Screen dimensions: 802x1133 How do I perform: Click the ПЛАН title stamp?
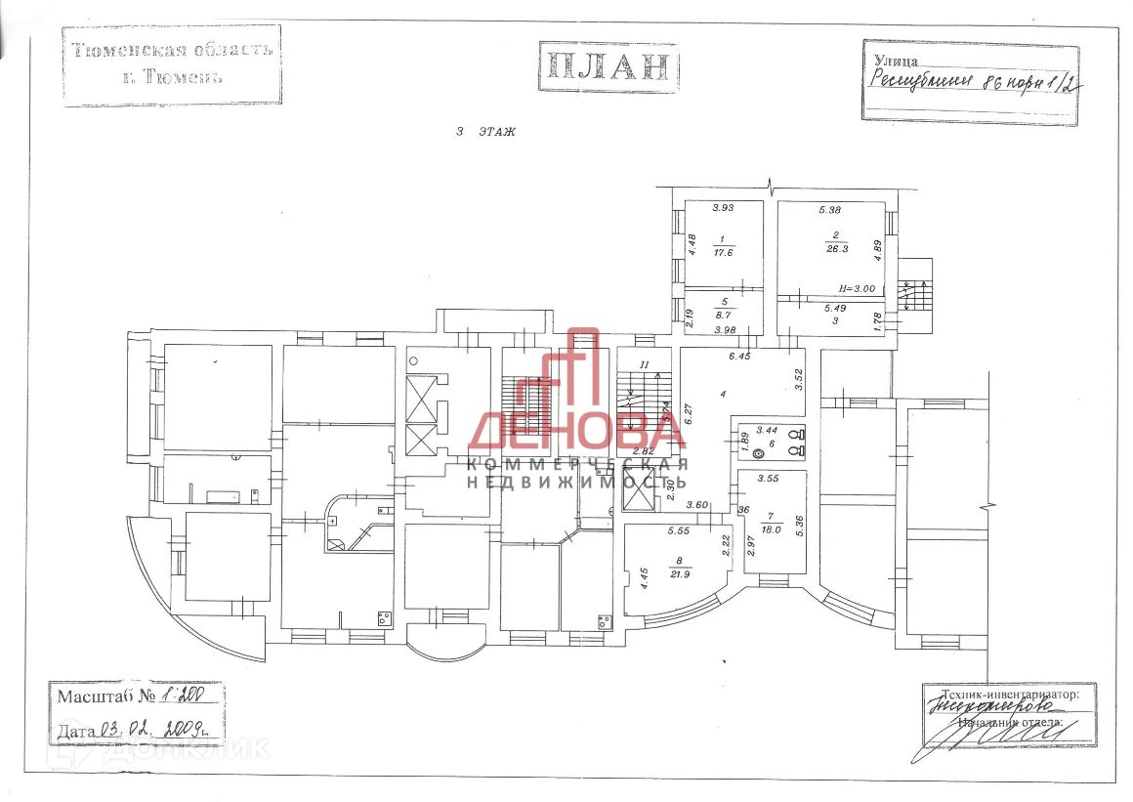pos(608,66)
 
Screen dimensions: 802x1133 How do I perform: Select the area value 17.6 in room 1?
pos(724,251)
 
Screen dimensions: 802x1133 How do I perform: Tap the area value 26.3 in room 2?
pos(836,247)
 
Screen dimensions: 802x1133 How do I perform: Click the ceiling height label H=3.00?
pos(860,289)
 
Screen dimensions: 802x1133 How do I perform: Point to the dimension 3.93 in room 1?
pos(723,207)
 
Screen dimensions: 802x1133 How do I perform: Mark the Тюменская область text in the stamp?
pos(172,49)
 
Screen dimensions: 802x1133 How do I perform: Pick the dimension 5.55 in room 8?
pos(680,531)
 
